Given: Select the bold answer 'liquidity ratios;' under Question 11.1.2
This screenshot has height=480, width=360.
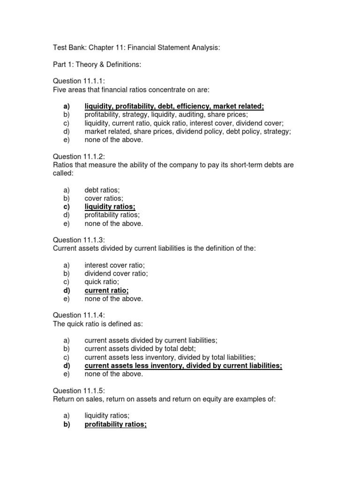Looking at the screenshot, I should point(110,207).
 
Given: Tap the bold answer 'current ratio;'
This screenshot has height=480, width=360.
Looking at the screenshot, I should point(106,291).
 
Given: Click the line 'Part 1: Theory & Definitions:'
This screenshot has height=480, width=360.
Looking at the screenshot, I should point(97,65).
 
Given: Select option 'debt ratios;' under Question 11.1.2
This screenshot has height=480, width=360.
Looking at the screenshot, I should point(102,190).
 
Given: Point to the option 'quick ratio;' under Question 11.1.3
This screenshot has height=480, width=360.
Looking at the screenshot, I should point(102,282).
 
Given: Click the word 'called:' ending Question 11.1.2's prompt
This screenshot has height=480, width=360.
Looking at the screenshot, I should point(63,173).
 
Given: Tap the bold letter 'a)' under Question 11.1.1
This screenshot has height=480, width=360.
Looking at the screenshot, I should point(66,106).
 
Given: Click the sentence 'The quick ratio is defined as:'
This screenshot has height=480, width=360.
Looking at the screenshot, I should point(98,324).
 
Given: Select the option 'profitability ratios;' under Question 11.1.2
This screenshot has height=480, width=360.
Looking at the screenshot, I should point(112,215).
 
